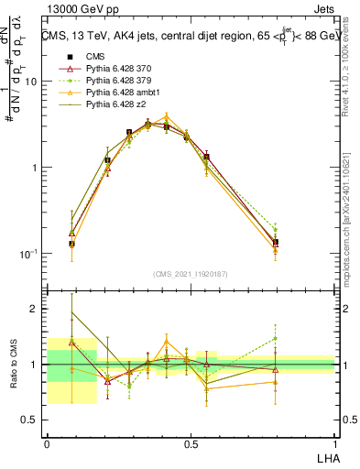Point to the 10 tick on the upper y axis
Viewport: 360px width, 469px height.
point(30,82)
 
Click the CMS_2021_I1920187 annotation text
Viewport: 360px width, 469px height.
point(191,273)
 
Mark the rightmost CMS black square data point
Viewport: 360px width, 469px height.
point(276,243)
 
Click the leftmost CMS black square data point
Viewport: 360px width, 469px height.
point(72,245)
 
